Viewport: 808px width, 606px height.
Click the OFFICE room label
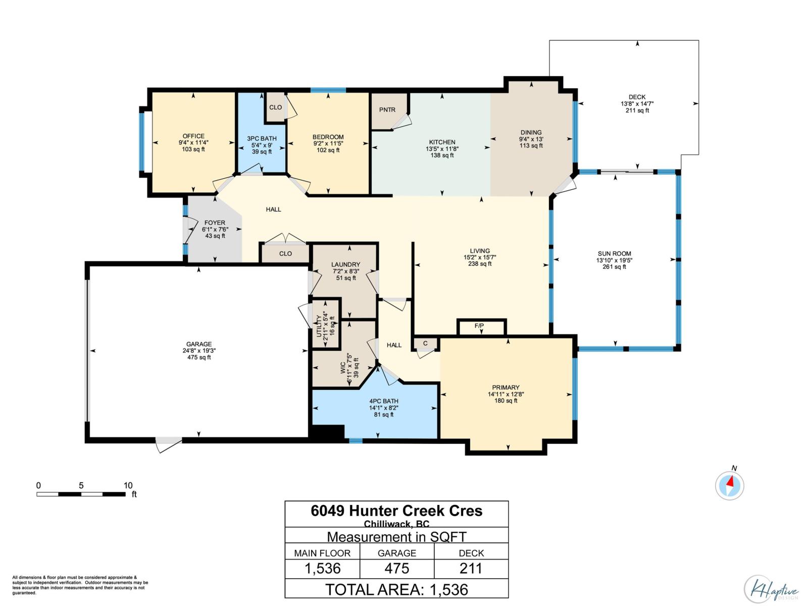click(193, 136)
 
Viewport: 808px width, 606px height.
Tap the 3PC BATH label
click(262, 138)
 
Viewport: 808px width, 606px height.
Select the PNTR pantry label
click(387, 110)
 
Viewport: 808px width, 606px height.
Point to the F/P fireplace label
click(479, 326)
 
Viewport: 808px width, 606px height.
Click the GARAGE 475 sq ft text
click(199, 357)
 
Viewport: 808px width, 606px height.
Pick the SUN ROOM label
click(614, 254)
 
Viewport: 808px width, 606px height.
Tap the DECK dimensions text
click(637, 104)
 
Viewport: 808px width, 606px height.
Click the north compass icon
click(730, 485)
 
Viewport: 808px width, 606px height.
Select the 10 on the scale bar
click(128, 485)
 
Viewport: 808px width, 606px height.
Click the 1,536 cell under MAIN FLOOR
click(322, 569)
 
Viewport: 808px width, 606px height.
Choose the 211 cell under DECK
click(471, 569)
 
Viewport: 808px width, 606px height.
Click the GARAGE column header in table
click(396, 553)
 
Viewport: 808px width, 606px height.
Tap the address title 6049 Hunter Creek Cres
click(396, 511)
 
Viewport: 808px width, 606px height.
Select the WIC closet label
click(343, 367)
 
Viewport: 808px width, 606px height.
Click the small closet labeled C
click(425, 343)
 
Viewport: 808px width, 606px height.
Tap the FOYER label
click(215, 223)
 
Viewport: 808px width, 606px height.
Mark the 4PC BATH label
click(383, 401)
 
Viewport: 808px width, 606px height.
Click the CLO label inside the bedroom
click(276, 107)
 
